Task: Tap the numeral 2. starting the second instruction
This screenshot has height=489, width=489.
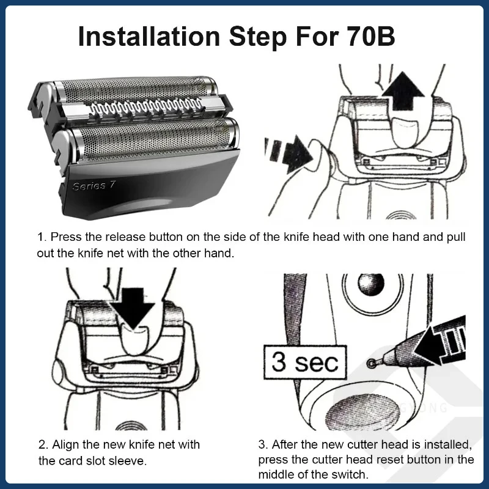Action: pos(43,444)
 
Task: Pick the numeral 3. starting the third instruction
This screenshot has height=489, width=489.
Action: pos(263,444)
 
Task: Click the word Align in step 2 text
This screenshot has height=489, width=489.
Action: pos(65,444)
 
